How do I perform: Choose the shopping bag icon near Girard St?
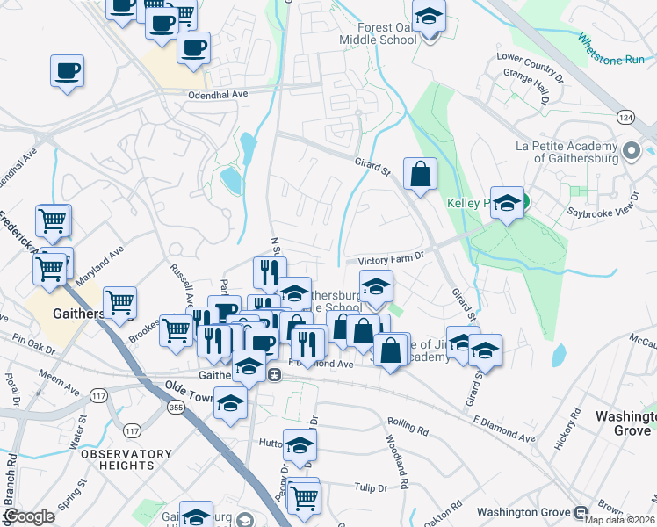pos(421,173)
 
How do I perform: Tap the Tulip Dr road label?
pos(371,487)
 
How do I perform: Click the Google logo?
pos(29,516)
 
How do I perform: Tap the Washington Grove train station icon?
pos(580,512)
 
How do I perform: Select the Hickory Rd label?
pos(564,429)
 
